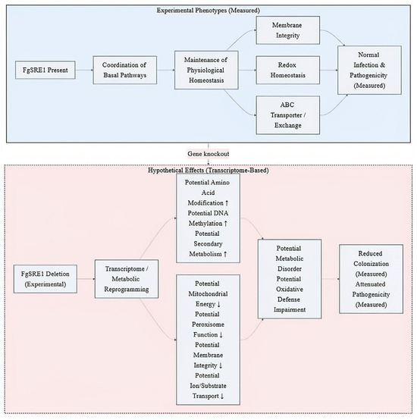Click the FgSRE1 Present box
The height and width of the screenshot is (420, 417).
coord(45,71)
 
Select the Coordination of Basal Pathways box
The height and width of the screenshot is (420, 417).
coord(125,71)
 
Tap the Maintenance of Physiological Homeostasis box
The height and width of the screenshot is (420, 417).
coord(206,70)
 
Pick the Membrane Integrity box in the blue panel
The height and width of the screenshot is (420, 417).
coord(287,30)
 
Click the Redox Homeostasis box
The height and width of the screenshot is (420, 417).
coord(287,71)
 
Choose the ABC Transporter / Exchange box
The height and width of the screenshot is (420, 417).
coord(287,115)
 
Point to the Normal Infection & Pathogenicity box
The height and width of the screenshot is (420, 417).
coord(369,71)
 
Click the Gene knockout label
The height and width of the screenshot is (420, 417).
coord(208,154)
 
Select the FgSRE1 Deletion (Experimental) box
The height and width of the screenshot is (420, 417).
coord(45,279)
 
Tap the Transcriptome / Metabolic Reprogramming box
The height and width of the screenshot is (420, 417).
coord(127,279)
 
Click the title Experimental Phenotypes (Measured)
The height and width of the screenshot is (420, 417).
coord(208,11)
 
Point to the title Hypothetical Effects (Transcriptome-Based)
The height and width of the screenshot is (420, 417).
coord(208,171)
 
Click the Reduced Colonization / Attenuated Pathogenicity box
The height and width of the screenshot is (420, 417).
coord(371,279)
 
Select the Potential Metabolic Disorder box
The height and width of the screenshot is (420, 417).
coord(290,279)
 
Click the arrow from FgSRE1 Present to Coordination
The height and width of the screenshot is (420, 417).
coord(84,71)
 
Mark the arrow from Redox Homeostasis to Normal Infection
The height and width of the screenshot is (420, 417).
coord(328,71)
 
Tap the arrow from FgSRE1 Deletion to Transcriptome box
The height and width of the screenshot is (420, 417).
coord(86,279)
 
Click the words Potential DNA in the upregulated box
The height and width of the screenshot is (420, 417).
coord(208,213)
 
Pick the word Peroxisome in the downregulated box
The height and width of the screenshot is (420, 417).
coord(208,324)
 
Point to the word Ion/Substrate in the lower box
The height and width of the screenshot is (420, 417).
coord(208,386)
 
